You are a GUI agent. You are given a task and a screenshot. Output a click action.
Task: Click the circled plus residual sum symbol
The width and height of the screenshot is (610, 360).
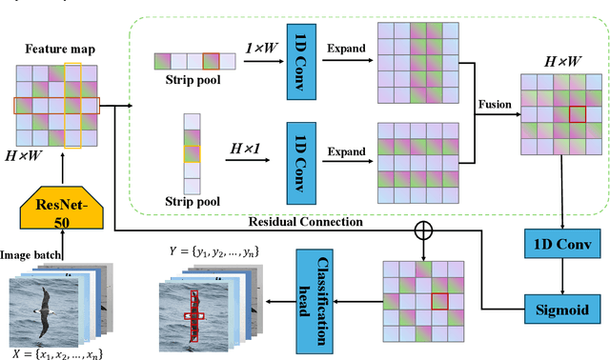pos(420,230)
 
